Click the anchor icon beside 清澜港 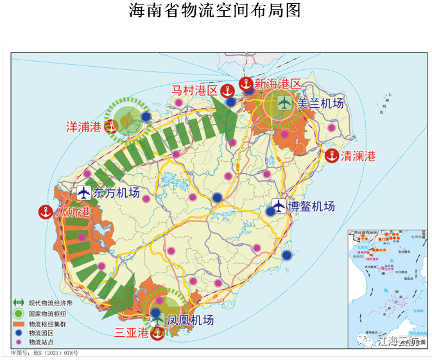coord(332,155)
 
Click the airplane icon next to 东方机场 coord(84,193)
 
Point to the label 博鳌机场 coord(311,207)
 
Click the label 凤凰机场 coord(190,319)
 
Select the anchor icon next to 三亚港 coord(157,333)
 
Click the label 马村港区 coord(194,90)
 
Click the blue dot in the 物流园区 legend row coord(18,334)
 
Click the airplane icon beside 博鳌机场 coord(278,206)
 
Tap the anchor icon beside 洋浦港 coord(112,126)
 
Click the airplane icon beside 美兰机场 coord(285,103)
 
